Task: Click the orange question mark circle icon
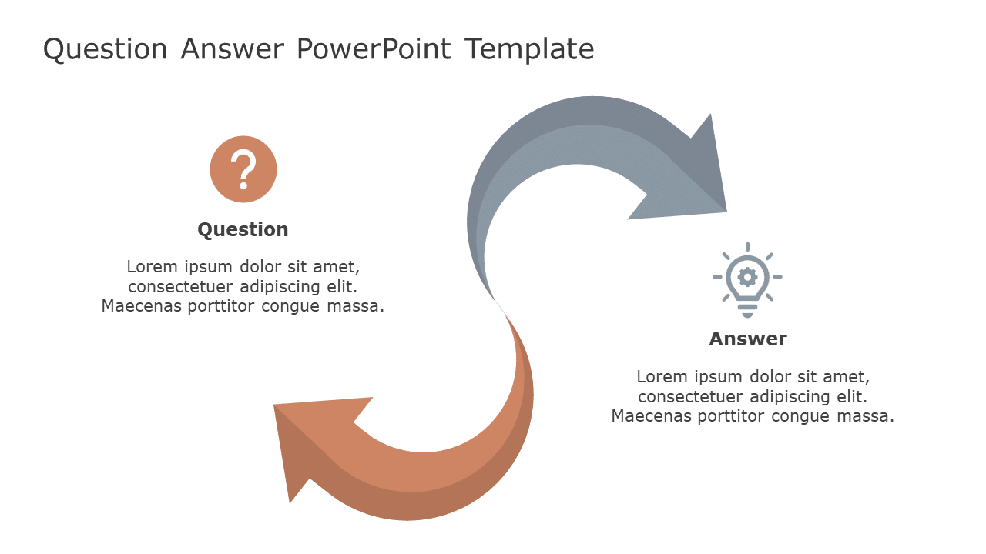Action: coord(243,169)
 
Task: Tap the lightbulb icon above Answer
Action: coord(747,279)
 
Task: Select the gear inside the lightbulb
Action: coord(747,276)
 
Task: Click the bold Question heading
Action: coord(243,229)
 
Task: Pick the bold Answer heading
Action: coord(747,339)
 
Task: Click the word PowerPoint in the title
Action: coord(375,49)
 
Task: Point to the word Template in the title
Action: coord(529,49)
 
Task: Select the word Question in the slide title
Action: coord(105,49)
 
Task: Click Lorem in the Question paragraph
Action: coord(152,267)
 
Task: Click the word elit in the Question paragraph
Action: coord(342,287)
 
